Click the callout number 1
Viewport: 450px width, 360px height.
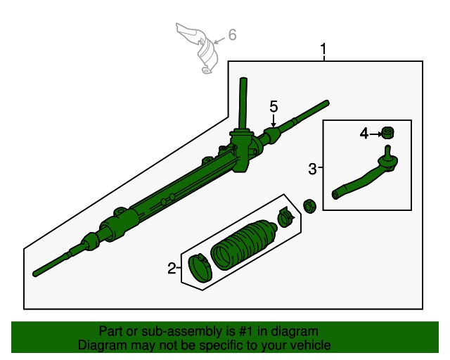[x=323, y=51]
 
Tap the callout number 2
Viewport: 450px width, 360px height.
[x=172, y=268]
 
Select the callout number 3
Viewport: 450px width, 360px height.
[x=312, y=168]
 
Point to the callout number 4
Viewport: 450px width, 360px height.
[x=364, y=133]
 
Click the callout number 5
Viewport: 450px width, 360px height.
[x=274, y=106]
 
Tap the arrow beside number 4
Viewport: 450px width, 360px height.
[x=375, y=133]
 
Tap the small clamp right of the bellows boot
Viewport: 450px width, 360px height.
[x=285, y=217]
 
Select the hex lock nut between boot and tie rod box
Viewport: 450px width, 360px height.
[x=307, y=205]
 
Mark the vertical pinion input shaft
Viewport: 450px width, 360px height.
[x=243, y=102]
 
